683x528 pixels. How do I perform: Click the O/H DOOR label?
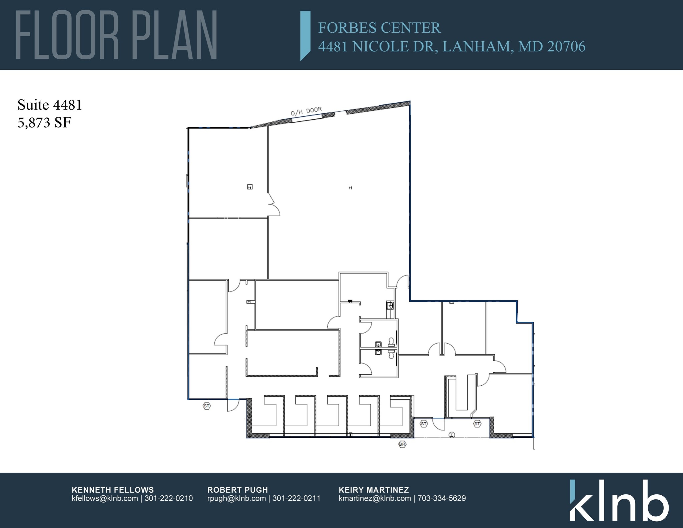click(306, 111)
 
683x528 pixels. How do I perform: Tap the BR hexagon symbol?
click(402, 444)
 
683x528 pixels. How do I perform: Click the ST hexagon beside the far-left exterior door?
click(207, 406)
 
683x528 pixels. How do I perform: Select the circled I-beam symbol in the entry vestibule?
click(452, 435)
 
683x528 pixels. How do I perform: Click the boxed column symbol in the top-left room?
click(250, 187)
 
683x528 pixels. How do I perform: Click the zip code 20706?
click(566, 46)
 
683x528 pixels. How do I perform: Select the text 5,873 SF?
click(44, 123)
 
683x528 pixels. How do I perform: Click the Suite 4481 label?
click(50, 105)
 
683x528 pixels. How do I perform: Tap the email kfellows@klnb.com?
click(105, 498)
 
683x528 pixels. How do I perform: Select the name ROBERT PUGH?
click(237, 490)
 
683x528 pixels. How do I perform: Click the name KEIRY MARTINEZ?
click(374, 490)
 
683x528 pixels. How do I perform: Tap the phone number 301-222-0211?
click(296, 498)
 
